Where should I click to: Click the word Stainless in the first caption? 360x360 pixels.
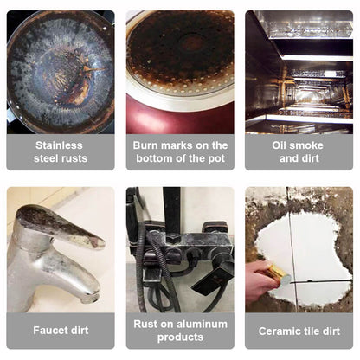[x=59, y=145]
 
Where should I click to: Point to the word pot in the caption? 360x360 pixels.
[x=216, y=158]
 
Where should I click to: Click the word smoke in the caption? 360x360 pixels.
[x=307, y=145]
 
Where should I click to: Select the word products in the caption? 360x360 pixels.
[x=180, y=337]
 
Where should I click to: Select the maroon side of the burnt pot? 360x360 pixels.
[x=179, y=117]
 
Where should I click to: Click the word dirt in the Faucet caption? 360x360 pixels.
[x=78, y=330]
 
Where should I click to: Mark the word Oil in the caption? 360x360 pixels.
[x=280, y=145]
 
